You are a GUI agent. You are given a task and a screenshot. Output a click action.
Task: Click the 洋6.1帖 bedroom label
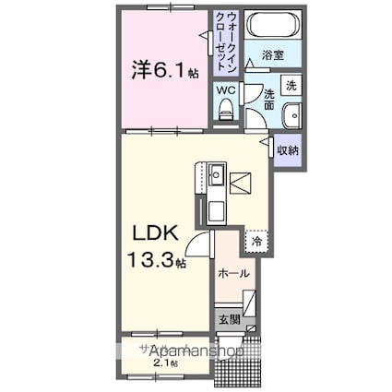159,69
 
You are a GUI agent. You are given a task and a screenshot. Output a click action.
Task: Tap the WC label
225,91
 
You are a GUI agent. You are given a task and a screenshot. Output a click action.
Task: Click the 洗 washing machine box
290,86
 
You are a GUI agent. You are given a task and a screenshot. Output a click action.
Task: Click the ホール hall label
232,273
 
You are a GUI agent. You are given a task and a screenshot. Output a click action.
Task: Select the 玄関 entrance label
230,319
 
